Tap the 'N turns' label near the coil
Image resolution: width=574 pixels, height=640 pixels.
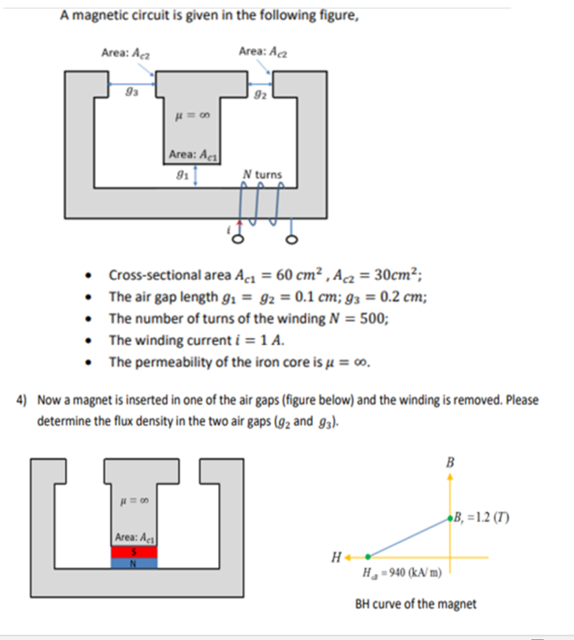(262, 174)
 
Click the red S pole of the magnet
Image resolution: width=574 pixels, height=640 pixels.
(134, 552)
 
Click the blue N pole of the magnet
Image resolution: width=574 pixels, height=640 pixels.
(134, 563)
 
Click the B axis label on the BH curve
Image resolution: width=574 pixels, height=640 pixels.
(449, 462)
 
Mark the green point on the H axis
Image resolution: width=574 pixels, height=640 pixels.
(367, 556)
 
